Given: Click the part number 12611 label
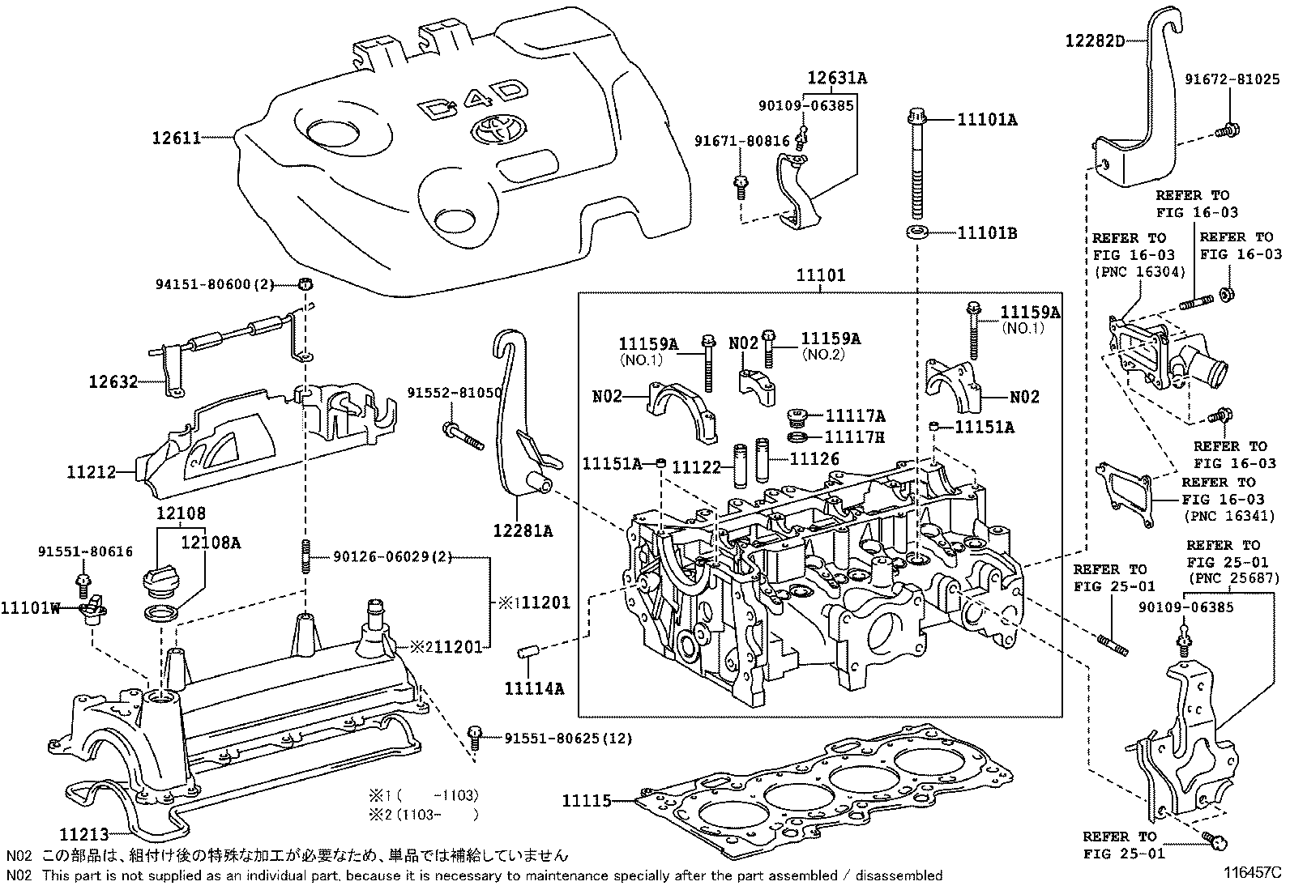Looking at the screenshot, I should (176, 138).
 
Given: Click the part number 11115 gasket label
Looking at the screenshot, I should (587, 801).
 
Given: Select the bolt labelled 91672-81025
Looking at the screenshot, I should (1228, 128).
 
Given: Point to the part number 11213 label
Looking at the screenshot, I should (83, 833).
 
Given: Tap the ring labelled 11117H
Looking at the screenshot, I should (797, 438).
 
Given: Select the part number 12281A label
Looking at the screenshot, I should (523, 530).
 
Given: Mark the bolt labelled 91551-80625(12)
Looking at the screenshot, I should (476, 737).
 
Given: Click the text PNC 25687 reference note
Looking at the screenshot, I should (1234, 578).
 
